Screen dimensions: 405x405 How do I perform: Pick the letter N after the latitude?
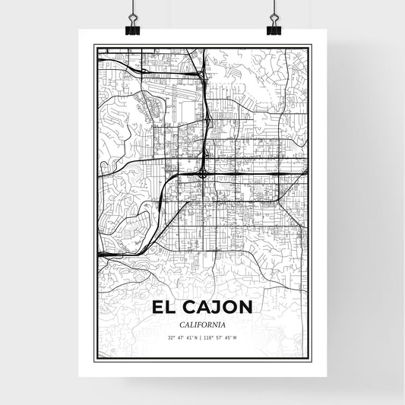coord(194,337)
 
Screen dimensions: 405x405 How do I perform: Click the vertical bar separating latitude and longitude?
coord(201,337)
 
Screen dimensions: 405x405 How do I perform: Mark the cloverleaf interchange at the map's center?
coord(204,173)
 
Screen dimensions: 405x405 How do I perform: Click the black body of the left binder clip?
coord(132,30)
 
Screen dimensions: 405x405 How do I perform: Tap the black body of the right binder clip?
coord(274,30)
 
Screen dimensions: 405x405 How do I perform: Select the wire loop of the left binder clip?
coord(132,14)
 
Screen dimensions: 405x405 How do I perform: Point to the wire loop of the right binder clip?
coord(274,14)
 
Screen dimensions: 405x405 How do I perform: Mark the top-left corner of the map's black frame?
coord(94,45)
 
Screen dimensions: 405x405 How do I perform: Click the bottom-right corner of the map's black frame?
coord(311,363)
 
